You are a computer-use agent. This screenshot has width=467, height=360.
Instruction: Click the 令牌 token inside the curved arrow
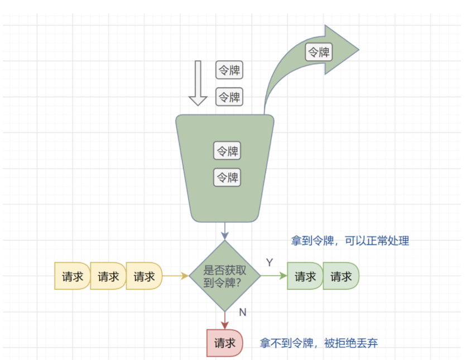tap(319, 53)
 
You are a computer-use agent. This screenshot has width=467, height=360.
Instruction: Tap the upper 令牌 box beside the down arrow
tap(230, 70)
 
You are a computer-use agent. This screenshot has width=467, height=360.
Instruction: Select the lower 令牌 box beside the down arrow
tap(230, 97)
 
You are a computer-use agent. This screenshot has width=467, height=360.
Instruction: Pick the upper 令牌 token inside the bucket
tap(227, 151)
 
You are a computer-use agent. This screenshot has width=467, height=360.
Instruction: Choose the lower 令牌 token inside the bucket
tap(227, 178)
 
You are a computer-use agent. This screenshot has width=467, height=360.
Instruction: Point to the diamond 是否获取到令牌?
tap(225, 276)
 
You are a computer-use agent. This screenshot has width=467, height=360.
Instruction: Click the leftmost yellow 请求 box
tap(72, 276)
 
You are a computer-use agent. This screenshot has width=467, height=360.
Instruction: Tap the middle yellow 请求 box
tap(108, 276)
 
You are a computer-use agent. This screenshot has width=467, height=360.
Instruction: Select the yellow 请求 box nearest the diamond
tap(144, 276)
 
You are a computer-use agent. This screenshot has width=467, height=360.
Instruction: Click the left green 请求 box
tap(305, 276)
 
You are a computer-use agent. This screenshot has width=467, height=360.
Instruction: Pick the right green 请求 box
tap(341, 276)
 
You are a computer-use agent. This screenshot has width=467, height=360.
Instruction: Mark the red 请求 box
tap(225, 343)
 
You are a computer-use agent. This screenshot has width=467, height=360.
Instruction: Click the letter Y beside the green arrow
tap(269, 262)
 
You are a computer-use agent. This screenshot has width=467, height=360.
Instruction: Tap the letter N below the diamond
tap(243, 312)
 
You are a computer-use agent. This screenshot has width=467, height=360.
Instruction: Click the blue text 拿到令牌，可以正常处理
tap(350, 241)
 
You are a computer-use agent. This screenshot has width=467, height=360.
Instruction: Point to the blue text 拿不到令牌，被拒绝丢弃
tap(319, 343)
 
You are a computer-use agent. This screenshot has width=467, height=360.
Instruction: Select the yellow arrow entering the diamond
tap(175, 276)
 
